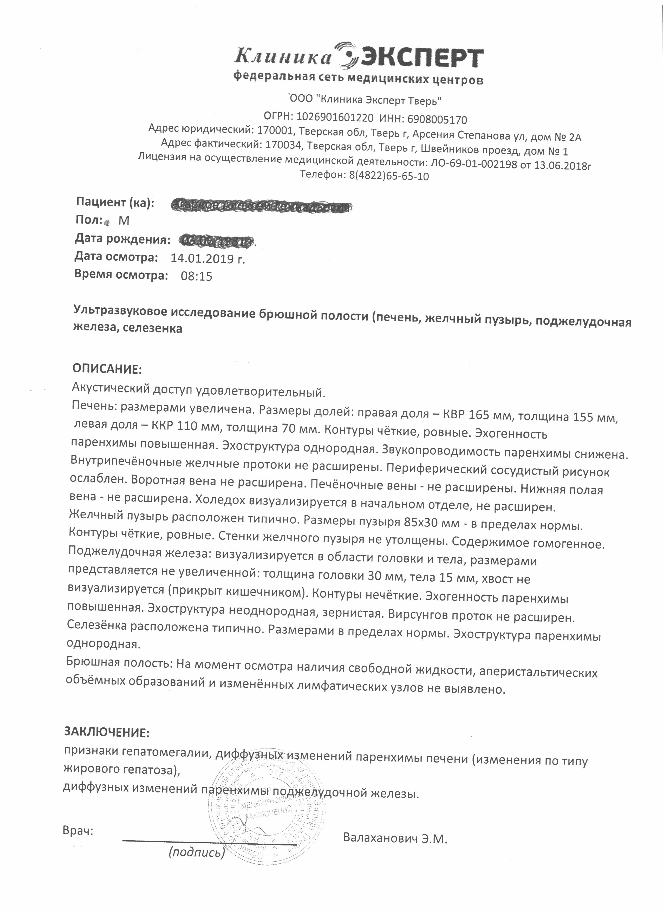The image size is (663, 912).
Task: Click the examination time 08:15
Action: (196, 276)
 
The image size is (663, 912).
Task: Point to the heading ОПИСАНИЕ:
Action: (107, 368)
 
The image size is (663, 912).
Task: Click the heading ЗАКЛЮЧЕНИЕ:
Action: (107, 732)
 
